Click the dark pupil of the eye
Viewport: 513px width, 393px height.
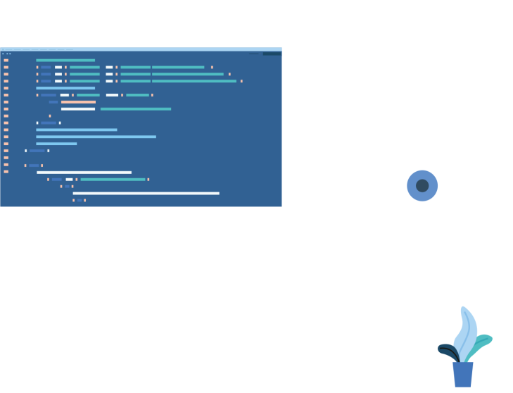click(x=422, y=186)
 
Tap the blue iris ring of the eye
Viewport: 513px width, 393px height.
click(x=412, y=186)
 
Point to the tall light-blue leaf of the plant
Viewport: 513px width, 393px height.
click(x=467, y=331)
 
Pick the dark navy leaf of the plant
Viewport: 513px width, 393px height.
click(x=445, y=349)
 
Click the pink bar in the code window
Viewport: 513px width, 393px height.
click(x=78, y=102)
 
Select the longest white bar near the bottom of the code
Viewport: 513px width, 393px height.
click(x=146, y=193)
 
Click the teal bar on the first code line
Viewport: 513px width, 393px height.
click(x=65, y=61)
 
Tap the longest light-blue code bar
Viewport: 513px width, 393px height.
click(x=96, y=137)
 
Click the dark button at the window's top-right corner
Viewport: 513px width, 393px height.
click(x=272, y=54)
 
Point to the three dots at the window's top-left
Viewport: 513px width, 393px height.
click(x=6, y=54)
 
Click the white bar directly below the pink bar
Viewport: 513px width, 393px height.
click(x=78, y=109)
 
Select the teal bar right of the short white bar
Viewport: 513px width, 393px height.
click(x=135, y=109)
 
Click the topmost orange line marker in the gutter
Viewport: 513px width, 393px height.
click(x=6, y=61)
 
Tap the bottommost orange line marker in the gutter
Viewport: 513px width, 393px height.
click(x=6, y=172)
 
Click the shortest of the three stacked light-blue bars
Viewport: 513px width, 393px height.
click(x=56, y=144)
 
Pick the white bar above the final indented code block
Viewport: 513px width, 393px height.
click(x=84, y=173)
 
